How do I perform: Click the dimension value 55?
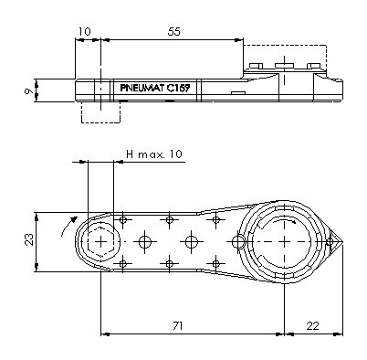[174, 32]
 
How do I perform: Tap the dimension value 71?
[177, 326]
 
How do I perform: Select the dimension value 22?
[312, 326]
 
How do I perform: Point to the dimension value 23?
[29, 239]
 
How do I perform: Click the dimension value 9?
[29, 90]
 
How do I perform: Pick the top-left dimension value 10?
[85, 32]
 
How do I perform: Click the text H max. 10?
[154, 154]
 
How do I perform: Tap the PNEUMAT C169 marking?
[155, 89]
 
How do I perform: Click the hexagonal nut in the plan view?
[100, 242]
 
